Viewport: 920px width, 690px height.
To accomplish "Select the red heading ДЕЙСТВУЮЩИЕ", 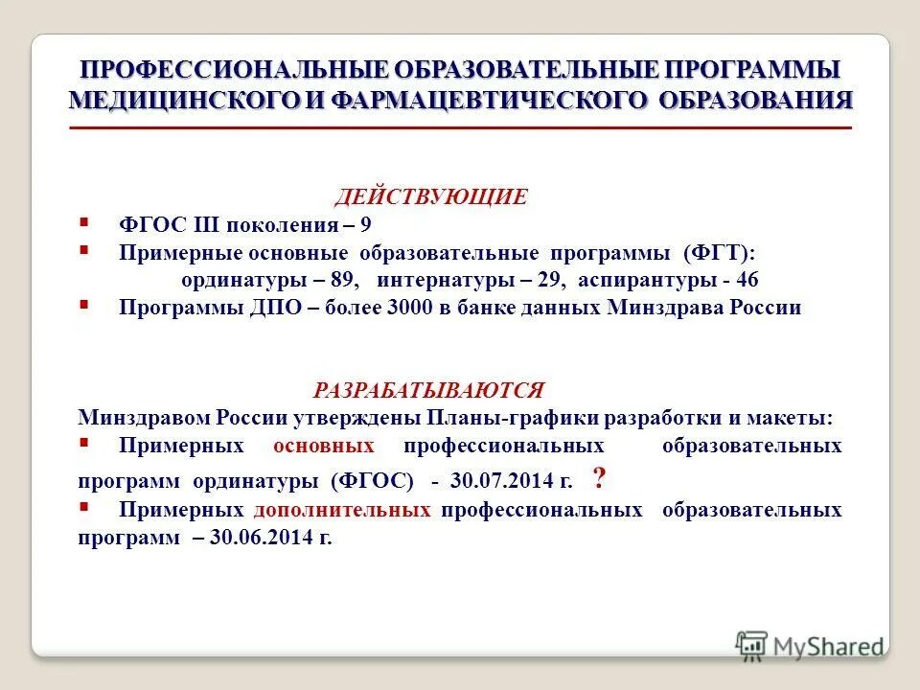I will [431, 197].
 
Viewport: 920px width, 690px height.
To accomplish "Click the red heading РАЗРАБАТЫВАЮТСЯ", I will [428, 390].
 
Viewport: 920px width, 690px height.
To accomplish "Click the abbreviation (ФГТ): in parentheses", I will [720, 253].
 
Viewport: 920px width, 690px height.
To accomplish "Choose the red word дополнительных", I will [342, 510].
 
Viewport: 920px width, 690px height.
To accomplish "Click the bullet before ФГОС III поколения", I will [84, 221].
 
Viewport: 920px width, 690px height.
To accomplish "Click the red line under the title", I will [461, 127].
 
